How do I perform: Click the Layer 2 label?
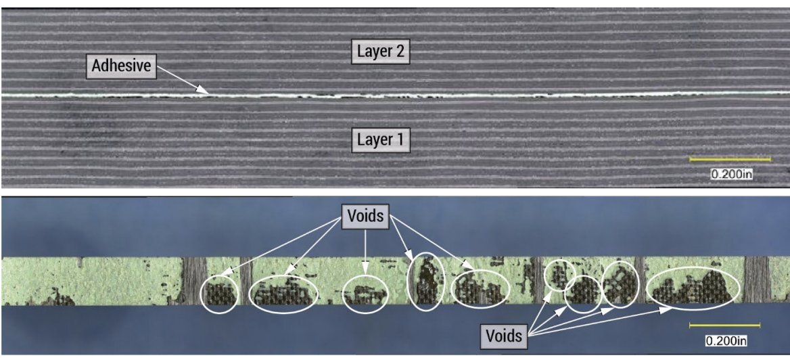point(381,52)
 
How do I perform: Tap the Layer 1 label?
point(381,140)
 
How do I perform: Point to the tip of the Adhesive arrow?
point(207,93)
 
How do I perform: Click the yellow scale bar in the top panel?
point(730,160)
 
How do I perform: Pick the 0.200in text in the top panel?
point(731,174)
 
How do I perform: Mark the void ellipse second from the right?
point(620,283)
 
